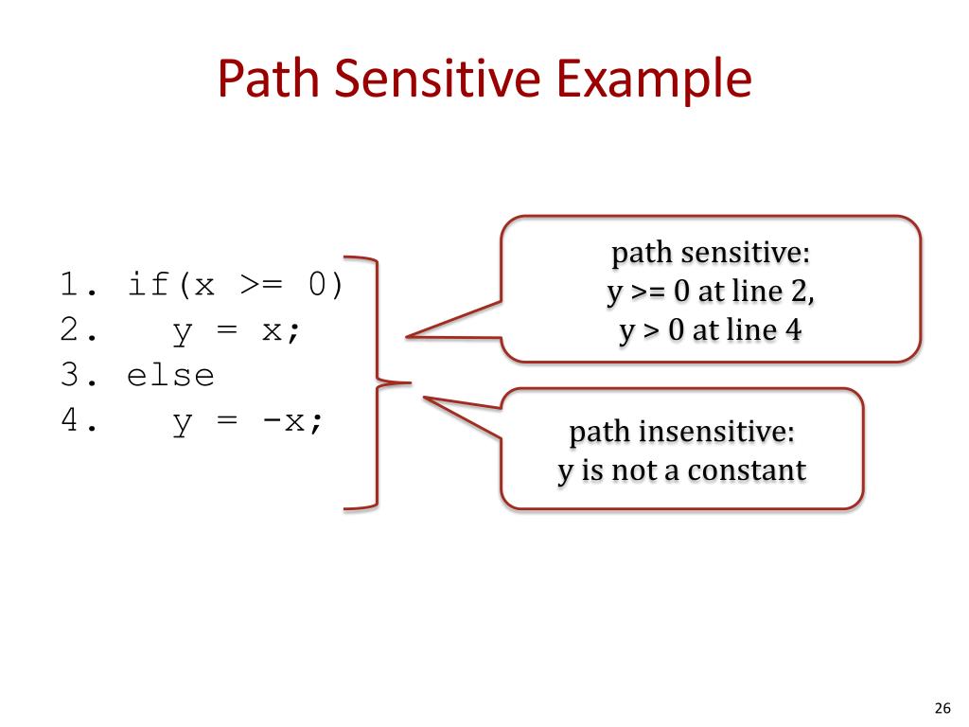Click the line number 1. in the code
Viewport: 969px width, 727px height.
(79, 285)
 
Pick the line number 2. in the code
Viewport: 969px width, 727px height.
(79, 330)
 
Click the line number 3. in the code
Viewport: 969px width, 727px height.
(79, 376)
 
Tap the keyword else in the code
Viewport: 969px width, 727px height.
(171, 376)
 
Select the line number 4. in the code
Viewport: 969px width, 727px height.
(79, 421)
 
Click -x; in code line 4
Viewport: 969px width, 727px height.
(292, 421)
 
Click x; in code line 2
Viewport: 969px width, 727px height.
(281, 330)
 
